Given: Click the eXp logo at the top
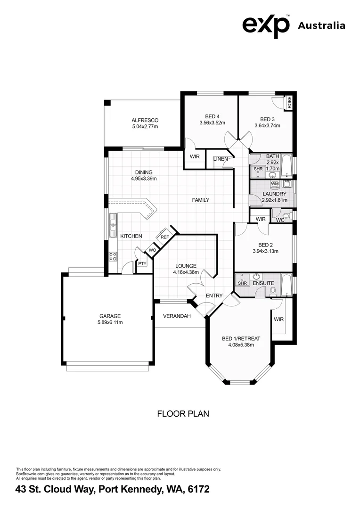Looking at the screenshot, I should (266, 25).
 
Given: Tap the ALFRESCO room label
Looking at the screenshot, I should (145, 120).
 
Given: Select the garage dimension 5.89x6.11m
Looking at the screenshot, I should (110, 322).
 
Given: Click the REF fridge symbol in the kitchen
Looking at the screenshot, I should (164, 237).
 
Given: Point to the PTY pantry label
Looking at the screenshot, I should (142, 264).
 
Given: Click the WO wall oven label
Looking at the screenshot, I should (152, 250).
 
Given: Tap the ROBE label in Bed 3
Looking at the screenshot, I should (290, 102).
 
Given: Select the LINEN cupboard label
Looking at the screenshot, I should (221, 159).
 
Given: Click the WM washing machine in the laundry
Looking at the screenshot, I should (275, 183).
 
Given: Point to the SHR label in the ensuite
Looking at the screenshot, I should (242, 283).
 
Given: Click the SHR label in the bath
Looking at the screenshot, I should (258, 169).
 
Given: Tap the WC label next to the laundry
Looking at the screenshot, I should (280, 220).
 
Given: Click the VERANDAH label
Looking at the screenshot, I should (177, 316).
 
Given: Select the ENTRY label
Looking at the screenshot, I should (214, 296).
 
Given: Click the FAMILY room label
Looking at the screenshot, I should (200, 200).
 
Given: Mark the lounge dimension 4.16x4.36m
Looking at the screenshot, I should (186, 272).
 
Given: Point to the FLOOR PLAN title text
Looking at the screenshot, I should (182, 414).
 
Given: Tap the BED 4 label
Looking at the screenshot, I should (212, 116).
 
